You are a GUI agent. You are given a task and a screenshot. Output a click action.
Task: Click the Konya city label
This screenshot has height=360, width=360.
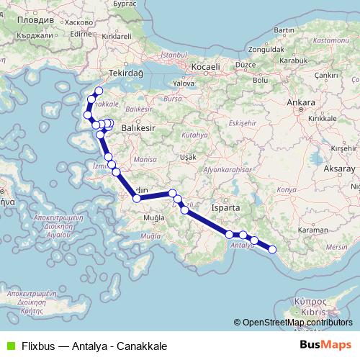287,189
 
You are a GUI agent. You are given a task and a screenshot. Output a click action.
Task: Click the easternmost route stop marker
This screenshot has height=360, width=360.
272,249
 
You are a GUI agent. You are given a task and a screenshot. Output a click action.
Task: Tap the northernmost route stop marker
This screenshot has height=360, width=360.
99,91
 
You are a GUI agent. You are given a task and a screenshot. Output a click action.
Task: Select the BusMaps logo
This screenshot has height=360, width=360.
325,344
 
